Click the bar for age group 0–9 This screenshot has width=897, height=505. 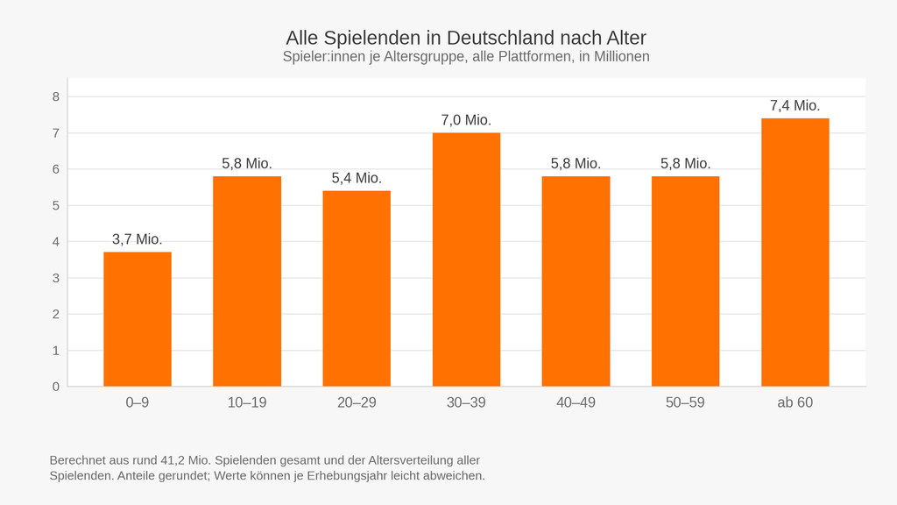(x=138, y=319)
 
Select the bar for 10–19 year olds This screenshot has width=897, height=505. (x=247, y=281)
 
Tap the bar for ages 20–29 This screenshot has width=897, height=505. (x=357, y=288)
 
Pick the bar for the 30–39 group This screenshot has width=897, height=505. (x=466, y=260)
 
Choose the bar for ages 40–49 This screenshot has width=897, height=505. (x=576, y=281)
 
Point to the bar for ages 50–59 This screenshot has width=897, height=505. (x=685, y=281)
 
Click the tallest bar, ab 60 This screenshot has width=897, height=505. (x=795, y=252)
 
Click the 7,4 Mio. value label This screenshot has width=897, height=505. (x=795, y=106)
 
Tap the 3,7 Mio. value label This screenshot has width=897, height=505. (x=138, y=239)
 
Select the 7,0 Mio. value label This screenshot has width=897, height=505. (x=466, y=120)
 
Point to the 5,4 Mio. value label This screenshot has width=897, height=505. (x=357, y=178)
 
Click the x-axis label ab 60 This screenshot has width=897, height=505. (x=795, y=402)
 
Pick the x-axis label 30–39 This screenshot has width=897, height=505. (x=466, y=402)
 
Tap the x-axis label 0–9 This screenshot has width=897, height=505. (x=138, y=402)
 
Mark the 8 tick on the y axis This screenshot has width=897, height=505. (x=56, y=96)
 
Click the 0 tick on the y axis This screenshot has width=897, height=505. (x=56, y=387)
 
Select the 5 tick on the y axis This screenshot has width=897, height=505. (x=56, y=205)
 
